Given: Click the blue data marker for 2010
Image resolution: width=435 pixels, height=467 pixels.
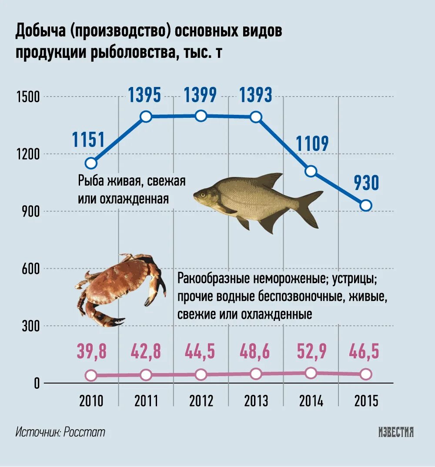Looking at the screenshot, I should tap(91, 163).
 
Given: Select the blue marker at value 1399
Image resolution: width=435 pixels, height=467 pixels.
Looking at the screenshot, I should tap(201, 116).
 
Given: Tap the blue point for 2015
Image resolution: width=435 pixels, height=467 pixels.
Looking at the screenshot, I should tap(366, 205).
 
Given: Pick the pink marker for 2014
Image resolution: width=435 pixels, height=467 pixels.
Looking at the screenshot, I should tap(311, 373).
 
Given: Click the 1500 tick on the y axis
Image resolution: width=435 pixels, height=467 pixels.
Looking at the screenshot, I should tap(28, 97).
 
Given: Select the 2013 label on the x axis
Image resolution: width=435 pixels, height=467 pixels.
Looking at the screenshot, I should tap(256, 401).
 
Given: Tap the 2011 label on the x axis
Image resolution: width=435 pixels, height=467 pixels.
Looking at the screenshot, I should tap(146, 401).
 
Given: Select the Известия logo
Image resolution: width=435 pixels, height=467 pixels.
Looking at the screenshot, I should tap(395, 432).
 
